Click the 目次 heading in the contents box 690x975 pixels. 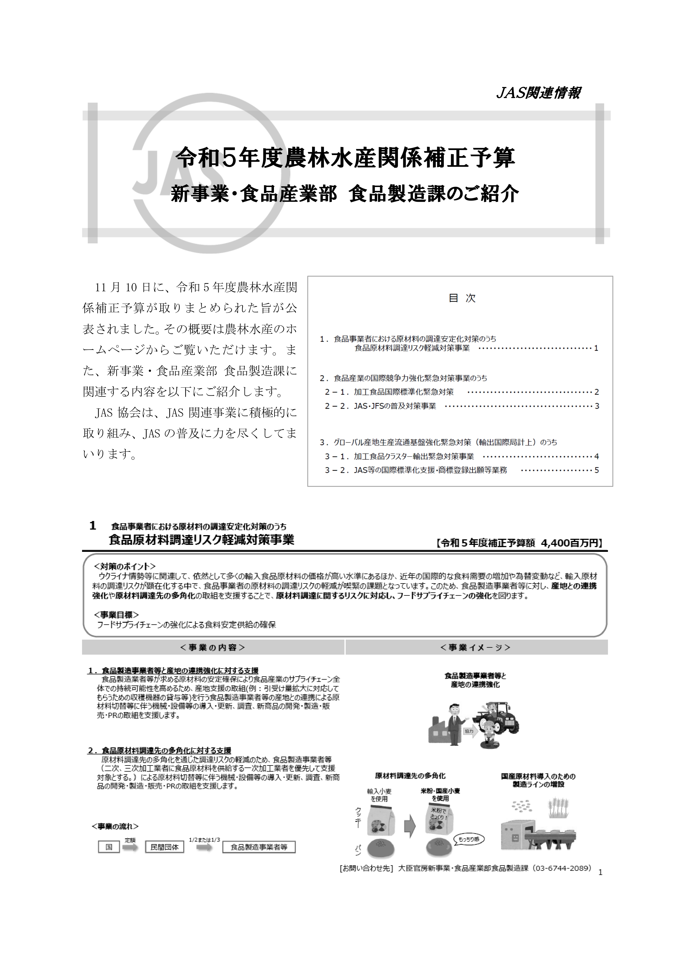coord(462,298)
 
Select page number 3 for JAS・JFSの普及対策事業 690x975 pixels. coord(597,406)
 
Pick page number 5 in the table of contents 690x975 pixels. coord(597,470)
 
